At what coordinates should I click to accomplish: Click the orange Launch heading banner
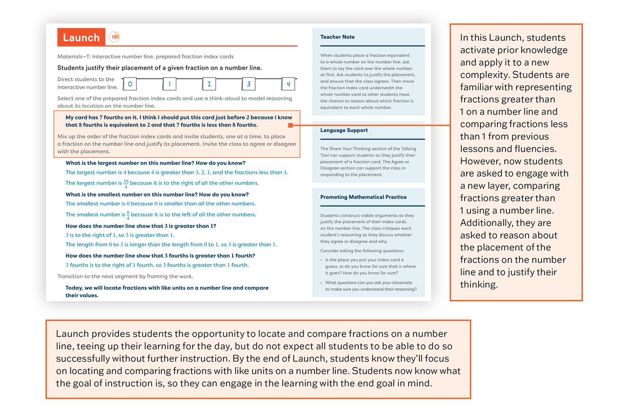pos(81,37)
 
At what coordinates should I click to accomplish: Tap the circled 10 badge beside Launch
pos(114,37)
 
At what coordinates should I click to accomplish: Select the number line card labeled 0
pos(130,84)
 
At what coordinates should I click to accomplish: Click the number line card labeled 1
pos(170,84)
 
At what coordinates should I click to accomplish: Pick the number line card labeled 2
pos(209,84)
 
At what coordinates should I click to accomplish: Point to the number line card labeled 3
pos(248,84)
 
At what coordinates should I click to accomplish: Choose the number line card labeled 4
pos(288,84)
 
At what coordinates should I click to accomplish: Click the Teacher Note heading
pos(337,37)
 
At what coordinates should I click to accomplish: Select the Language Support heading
pos(344,130)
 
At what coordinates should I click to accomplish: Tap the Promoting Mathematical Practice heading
pos(363,197)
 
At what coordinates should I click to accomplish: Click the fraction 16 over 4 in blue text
pos(126,184)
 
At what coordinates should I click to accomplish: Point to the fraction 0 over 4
pos(128,215)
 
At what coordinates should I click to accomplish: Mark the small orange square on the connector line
pos(291,125)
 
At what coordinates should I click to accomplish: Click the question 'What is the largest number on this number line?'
pos(155,163)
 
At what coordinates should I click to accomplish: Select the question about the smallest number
pos(157,194)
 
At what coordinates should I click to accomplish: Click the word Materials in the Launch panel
pos(70,57)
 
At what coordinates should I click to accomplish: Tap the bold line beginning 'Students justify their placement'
pos(159,68)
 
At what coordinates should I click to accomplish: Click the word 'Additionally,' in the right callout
pos(489,223)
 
